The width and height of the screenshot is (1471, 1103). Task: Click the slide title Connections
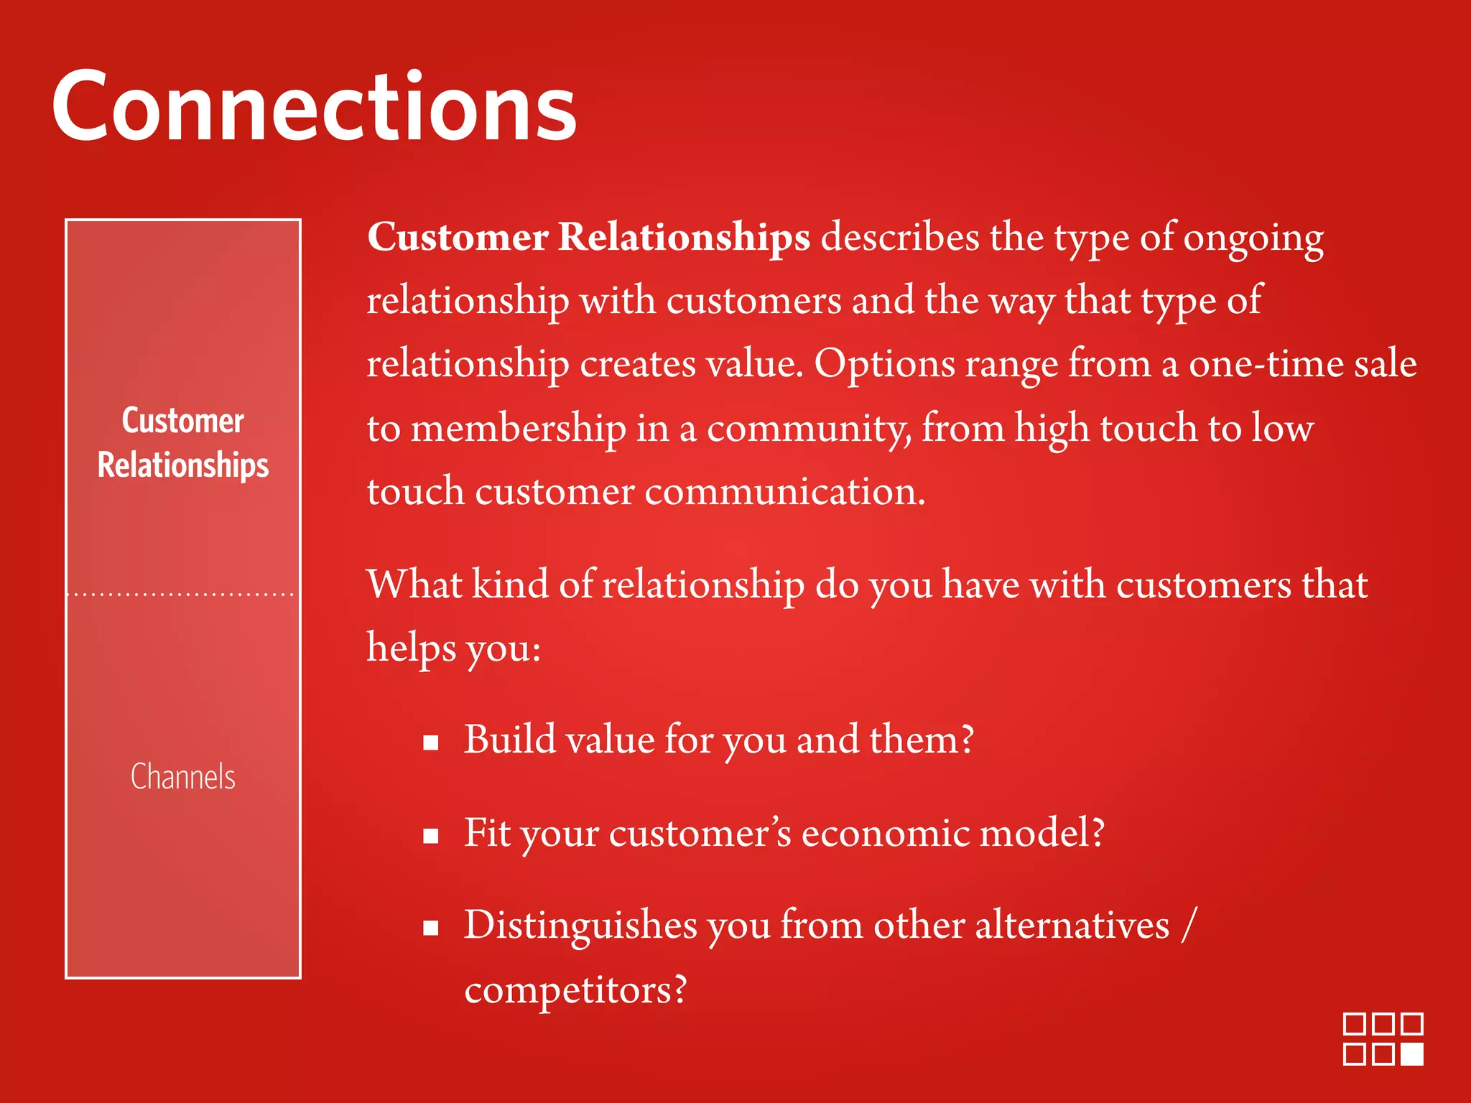tap(314, 108)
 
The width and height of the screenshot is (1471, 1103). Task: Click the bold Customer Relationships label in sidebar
tap(183, 443)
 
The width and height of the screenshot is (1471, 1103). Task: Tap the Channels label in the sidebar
tap(183, 777)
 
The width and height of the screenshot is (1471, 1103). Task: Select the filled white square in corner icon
tap(1412, 1054)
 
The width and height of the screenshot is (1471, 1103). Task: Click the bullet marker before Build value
tap(431, 743)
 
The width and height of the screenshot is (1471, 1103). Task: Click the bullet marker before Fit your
tap(431, 836)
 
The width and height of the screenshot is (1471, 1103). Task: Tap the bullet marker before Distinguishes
tap(431, 929)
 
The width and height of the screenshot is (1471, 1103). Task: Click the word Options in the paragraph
tap(883, 365)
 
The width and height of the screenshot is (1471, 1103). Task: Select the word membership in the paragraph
tap(518, 429)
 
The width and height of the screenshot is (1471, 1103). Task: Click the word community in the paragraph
tap(809, 429)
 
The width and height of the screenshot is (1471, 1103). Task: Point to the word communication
tap(784, 493)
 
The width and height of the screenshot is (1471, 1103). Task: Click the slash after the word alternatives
tap(1189, 925)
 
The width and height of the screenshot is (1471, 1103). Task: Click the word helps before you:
tap(411, 648)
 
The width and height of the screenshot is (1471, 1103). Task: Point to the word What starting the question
tap(414, 584)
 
